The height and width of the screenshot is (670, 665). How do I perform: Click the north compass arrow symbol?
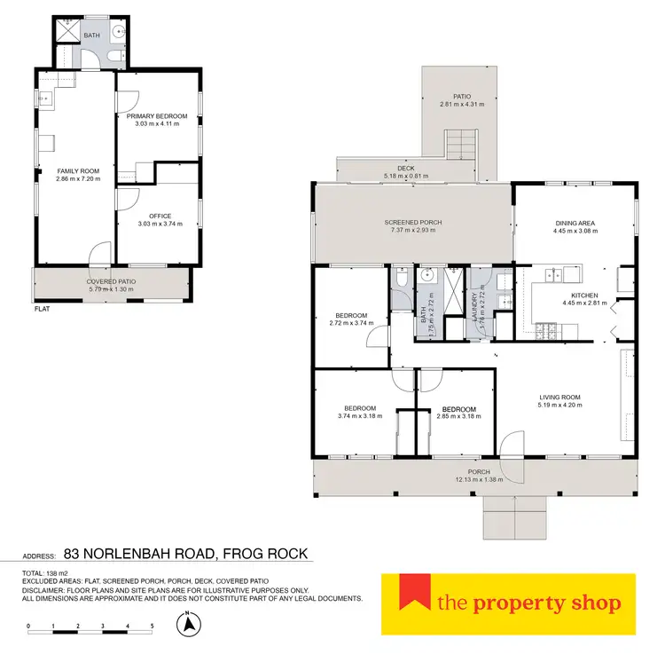tap(188, 625)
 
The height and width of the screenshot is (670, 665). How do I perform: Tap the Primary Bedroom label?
tap(157, 116)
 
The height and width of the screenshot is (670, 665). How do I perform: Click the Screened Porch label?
tap(413, 222)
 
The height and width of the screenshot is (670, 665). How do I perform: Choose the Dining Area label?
tap(575, 223)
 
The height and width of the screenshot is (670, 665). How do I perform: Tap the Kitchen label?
tap(585, 295)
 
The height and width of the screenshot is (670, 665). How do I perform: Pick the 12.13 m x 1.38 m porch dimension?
tap(478, 479)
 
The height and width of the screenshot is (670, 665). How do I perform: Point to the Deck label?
tap(406, 168)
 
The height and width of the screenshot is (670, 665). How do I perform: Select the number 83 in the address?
tap(83, 554)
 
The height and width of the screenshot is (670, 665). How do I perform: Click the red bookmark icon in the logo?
tap(407, 592)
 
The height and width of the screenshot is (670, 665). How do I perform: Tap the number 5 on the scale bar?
tap(153, 627)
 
